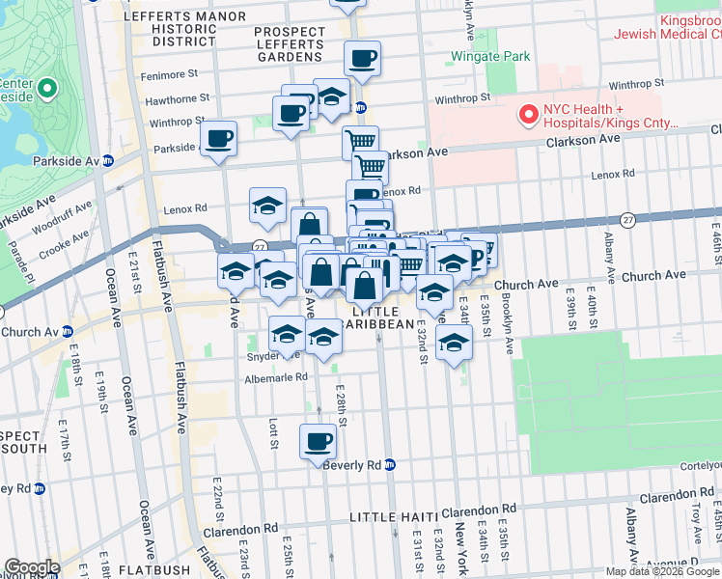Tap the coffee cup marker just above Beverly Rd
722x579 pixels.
319,443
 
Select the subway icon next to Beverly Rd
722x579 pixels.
390,464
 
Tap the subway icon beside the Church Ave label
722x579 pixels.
68,332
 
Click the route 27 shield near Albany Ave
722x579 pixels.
626,220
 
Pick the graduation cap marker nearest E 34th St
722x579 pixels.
454,345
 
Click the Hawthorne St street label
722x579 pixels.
177,98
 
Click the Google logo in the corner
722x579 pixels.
32,567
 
